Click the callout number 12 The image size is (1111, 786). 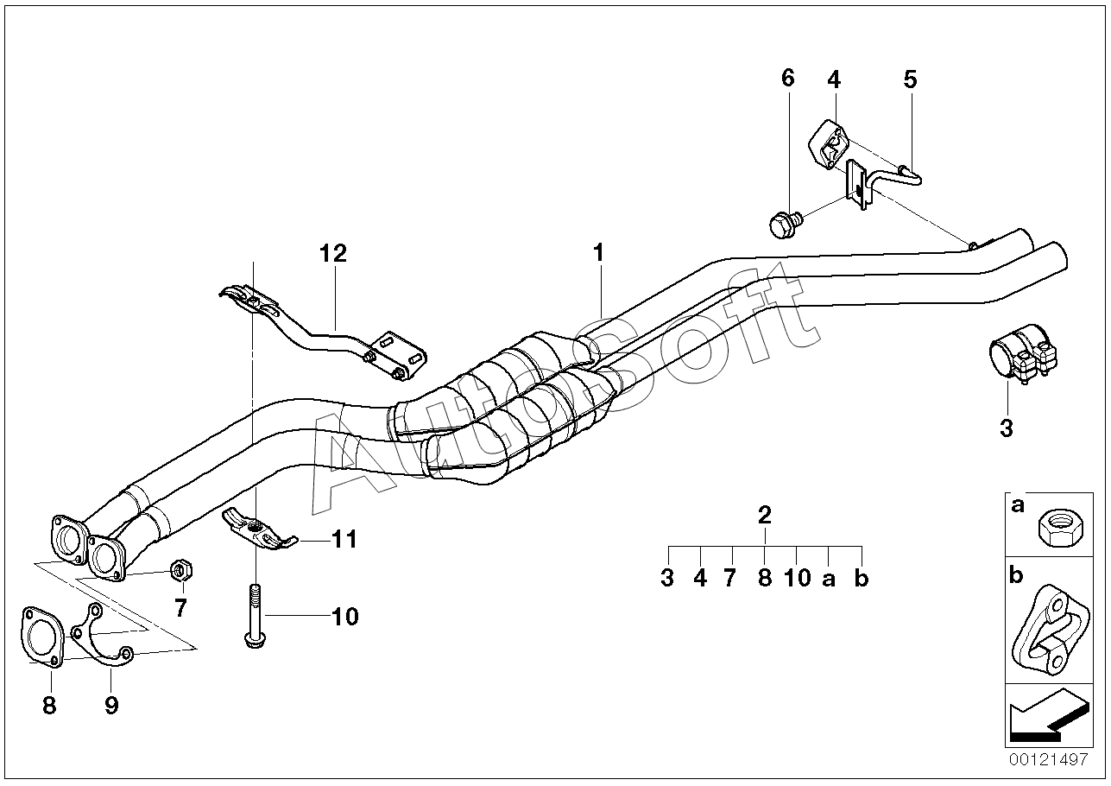point(332,253)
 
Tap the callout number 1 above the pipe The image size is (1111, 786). point(597,253)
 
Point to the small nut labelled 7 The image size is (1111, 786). point(182,571)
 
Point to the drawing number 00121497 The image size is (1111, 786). point(1047,760)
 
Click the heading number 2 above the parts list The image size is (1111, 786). point(764,516)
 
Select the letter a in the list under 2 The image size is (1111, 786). point(829,579)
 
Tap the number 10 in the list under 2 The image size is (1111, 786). point(797,578)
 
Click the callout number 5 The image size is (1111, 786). point(910,79)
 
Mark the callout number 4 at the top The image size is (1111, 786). point(833,79)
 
